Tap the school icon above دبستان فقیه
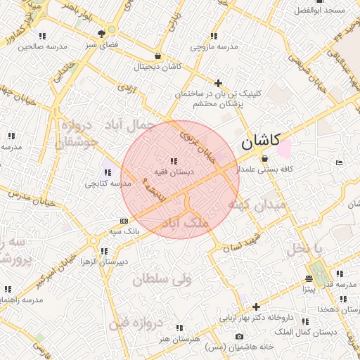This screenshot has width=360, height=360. pyautogui.click(x=174, y=162)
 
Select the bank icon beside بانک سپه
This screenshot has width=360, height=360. pyautogui.click(x=124, y=220)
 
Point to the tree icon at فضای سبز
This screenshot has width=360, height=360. pyautogui.click(x=110, y=32)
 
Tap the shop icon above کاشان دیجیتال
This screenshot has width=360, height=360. pyautogui.click(x=157, y=56)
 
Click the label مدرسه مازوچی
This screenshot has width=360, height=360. pyautogui.click(x=214, y=47)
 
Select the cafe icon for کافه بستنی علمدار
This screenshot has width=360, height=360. pyautogui.click(x=264, y=159)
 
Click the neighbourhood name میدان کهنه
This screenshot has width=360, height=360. pyautogui.click(x=256, y=205)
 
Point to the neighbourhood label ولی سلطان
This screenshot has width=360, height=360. pyautogui.click(x=162, y=278)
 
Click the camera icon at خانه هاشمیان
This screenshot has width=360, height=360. pyautogui.click(x=240, y=337)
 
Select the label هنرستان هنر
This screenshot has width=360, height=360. pyautogui.click(x=180, y=338)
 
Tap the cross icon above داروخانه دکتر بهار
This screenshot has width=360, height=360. pyautogui.click(x=256, y=307)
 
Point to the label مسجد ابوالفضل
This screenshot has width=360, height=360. pyautogui.click(x=320, y=11)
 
